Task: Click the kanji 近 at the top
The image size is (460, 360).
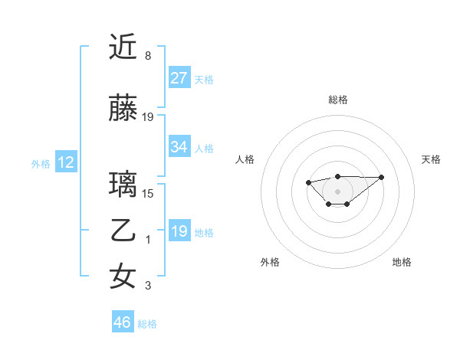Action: coord(123,47)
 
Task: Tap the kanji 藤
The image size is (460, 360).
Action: coord(123,110)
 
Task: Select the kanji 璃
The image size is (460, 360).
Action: coord(123,185)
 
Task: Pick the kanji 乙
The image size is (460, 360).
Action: coord(123,231)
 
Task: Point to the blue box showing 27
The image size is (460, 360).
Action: coord(179,78)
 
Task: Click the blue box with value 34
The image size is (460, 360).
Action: coord(179,147)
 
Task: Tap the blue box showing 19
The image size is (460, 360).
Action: coord(179,231)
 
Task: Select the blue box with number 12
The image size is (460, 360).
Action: coord(66,162)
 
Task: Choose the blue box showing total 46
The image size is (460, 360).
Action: coord(123,322)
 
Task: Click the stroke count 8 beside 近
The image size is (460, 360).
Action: coord(148,56)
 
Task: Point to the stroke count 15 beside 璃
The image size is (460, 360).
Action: coord(148,193)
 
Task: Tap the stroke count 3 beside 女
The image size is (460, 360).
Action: coord(148,286)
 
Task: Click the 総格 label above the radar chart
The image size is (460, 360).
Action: coord(337,100)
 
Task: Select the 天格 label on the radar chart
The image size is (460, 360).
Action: coord(432,159)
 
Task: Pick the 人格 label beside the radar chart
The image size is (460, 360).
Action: coord(245,159)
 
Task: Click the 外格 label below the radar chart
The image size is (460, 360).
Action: coord(270,262)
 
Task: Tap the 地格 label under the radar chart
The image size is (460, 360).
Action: coord(402,262)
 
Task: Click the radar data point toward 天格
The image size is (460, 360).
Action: coord(382,177)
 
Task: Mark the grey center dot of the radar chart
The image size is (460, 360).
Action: coord(337,191)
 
